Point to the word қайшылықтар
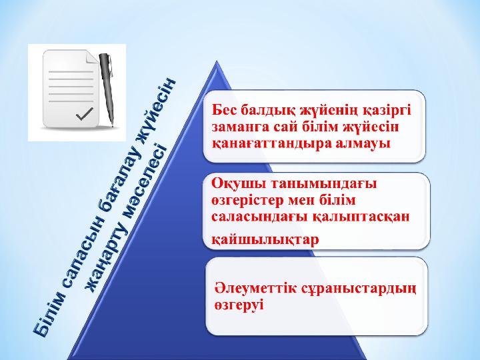pos(265,240)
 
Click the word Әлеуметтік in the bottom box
pos(255,288)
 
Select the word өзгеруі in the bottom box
pos(239,305)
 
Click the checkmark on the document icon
pos(84,113)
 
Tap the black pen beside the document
pos(107,89)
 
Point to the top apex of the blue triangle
pos(217,61)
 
